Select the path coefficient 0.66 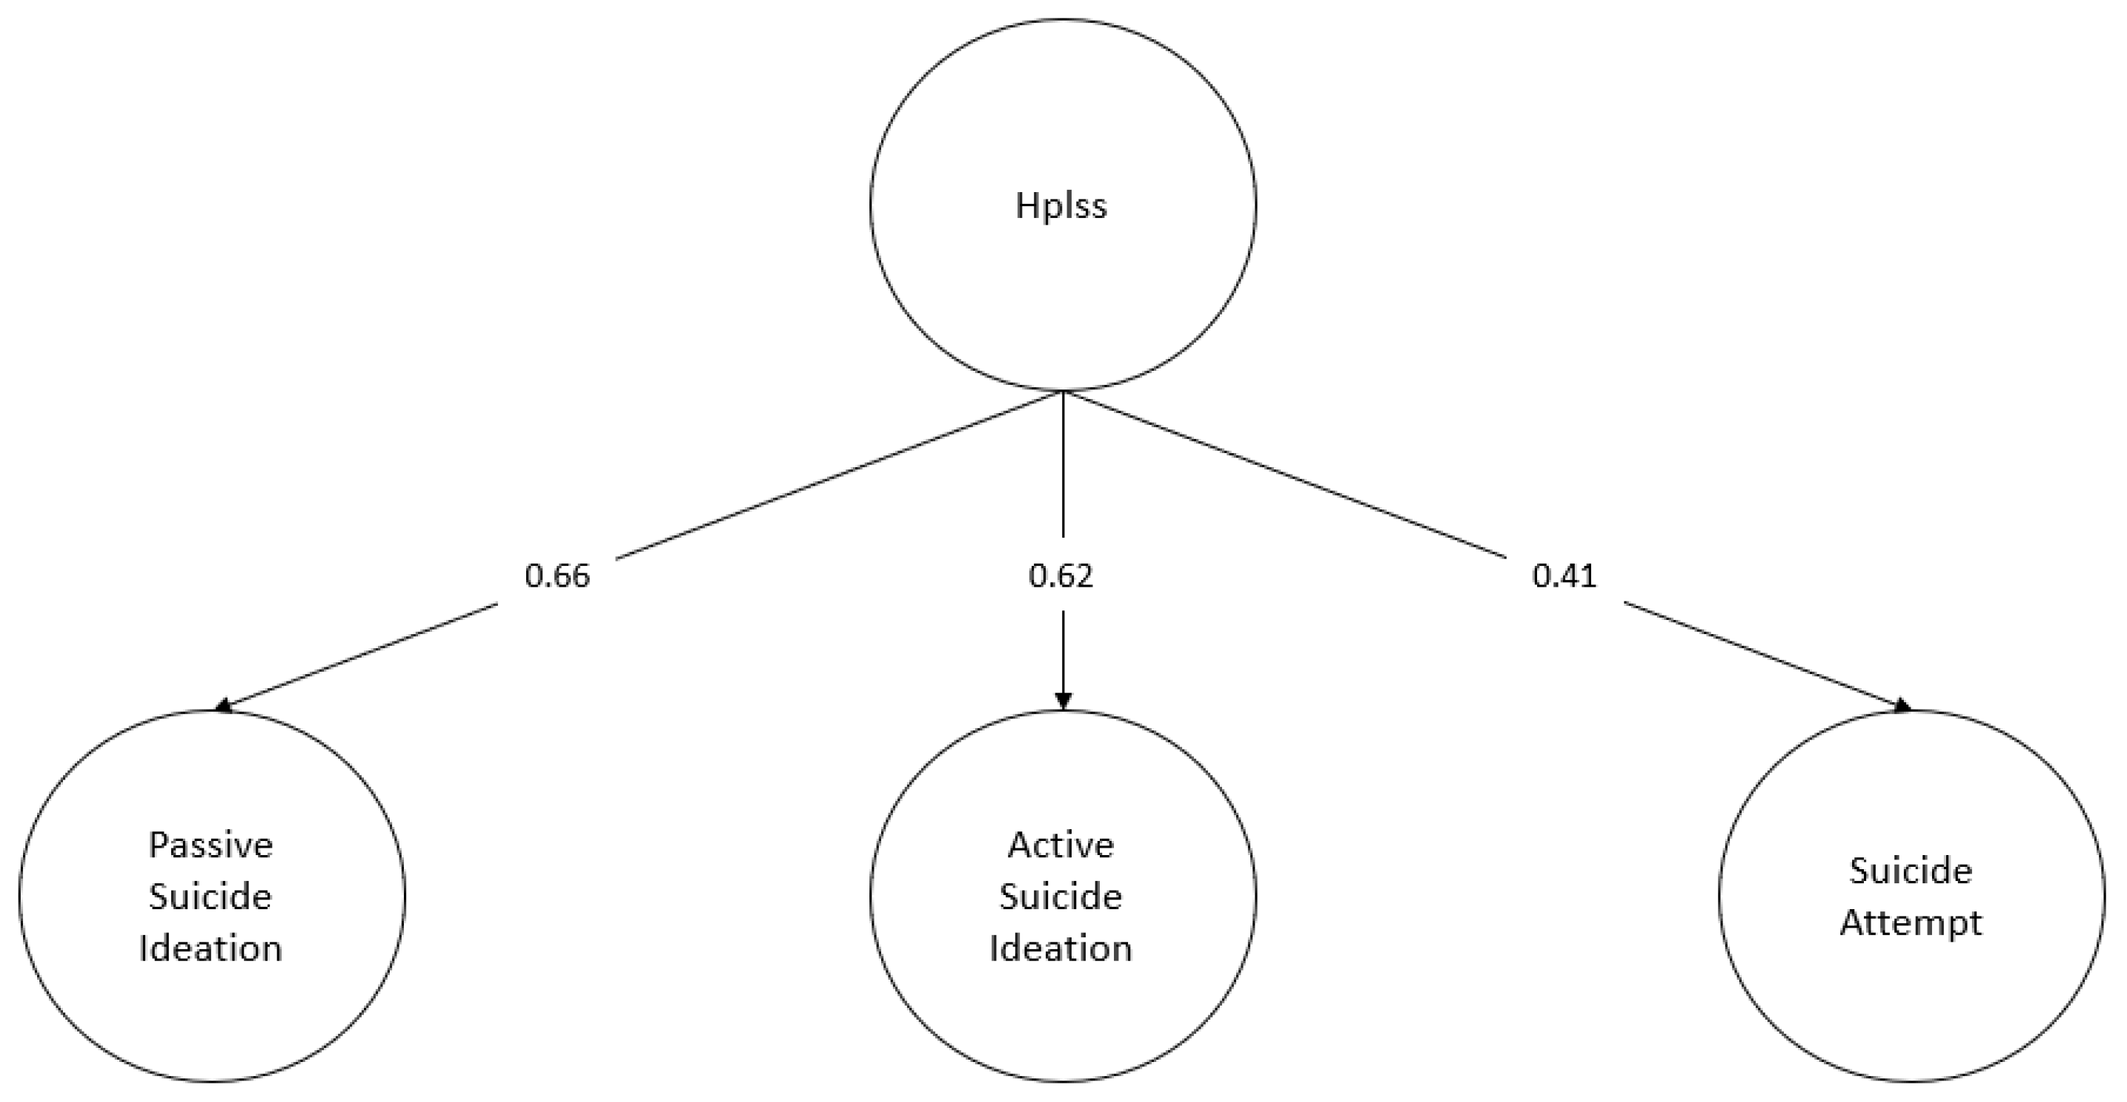[x=557, y=575]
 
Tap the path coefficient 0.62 [x=1061, y=575]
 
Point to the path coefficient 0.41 [x=1564, y=575]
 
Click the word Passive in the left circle [x=210, y=845]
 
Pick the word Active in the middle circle [x=1061, y=845]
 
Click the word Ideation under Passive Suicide [x=210, y=948]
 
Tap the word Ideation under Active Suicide [x=1061, y=948]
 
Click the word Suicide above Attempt [x=1911, y=871]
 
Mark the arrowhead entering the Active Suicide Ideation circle [x=1063, y=702]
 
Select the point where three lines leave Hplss [x=1063, y=392]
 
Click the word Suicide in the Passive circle [x=210, y=897]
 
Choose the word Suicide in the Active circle [x=1061, y=897]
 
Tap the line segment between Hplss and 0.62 [x=1063, y=466]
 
